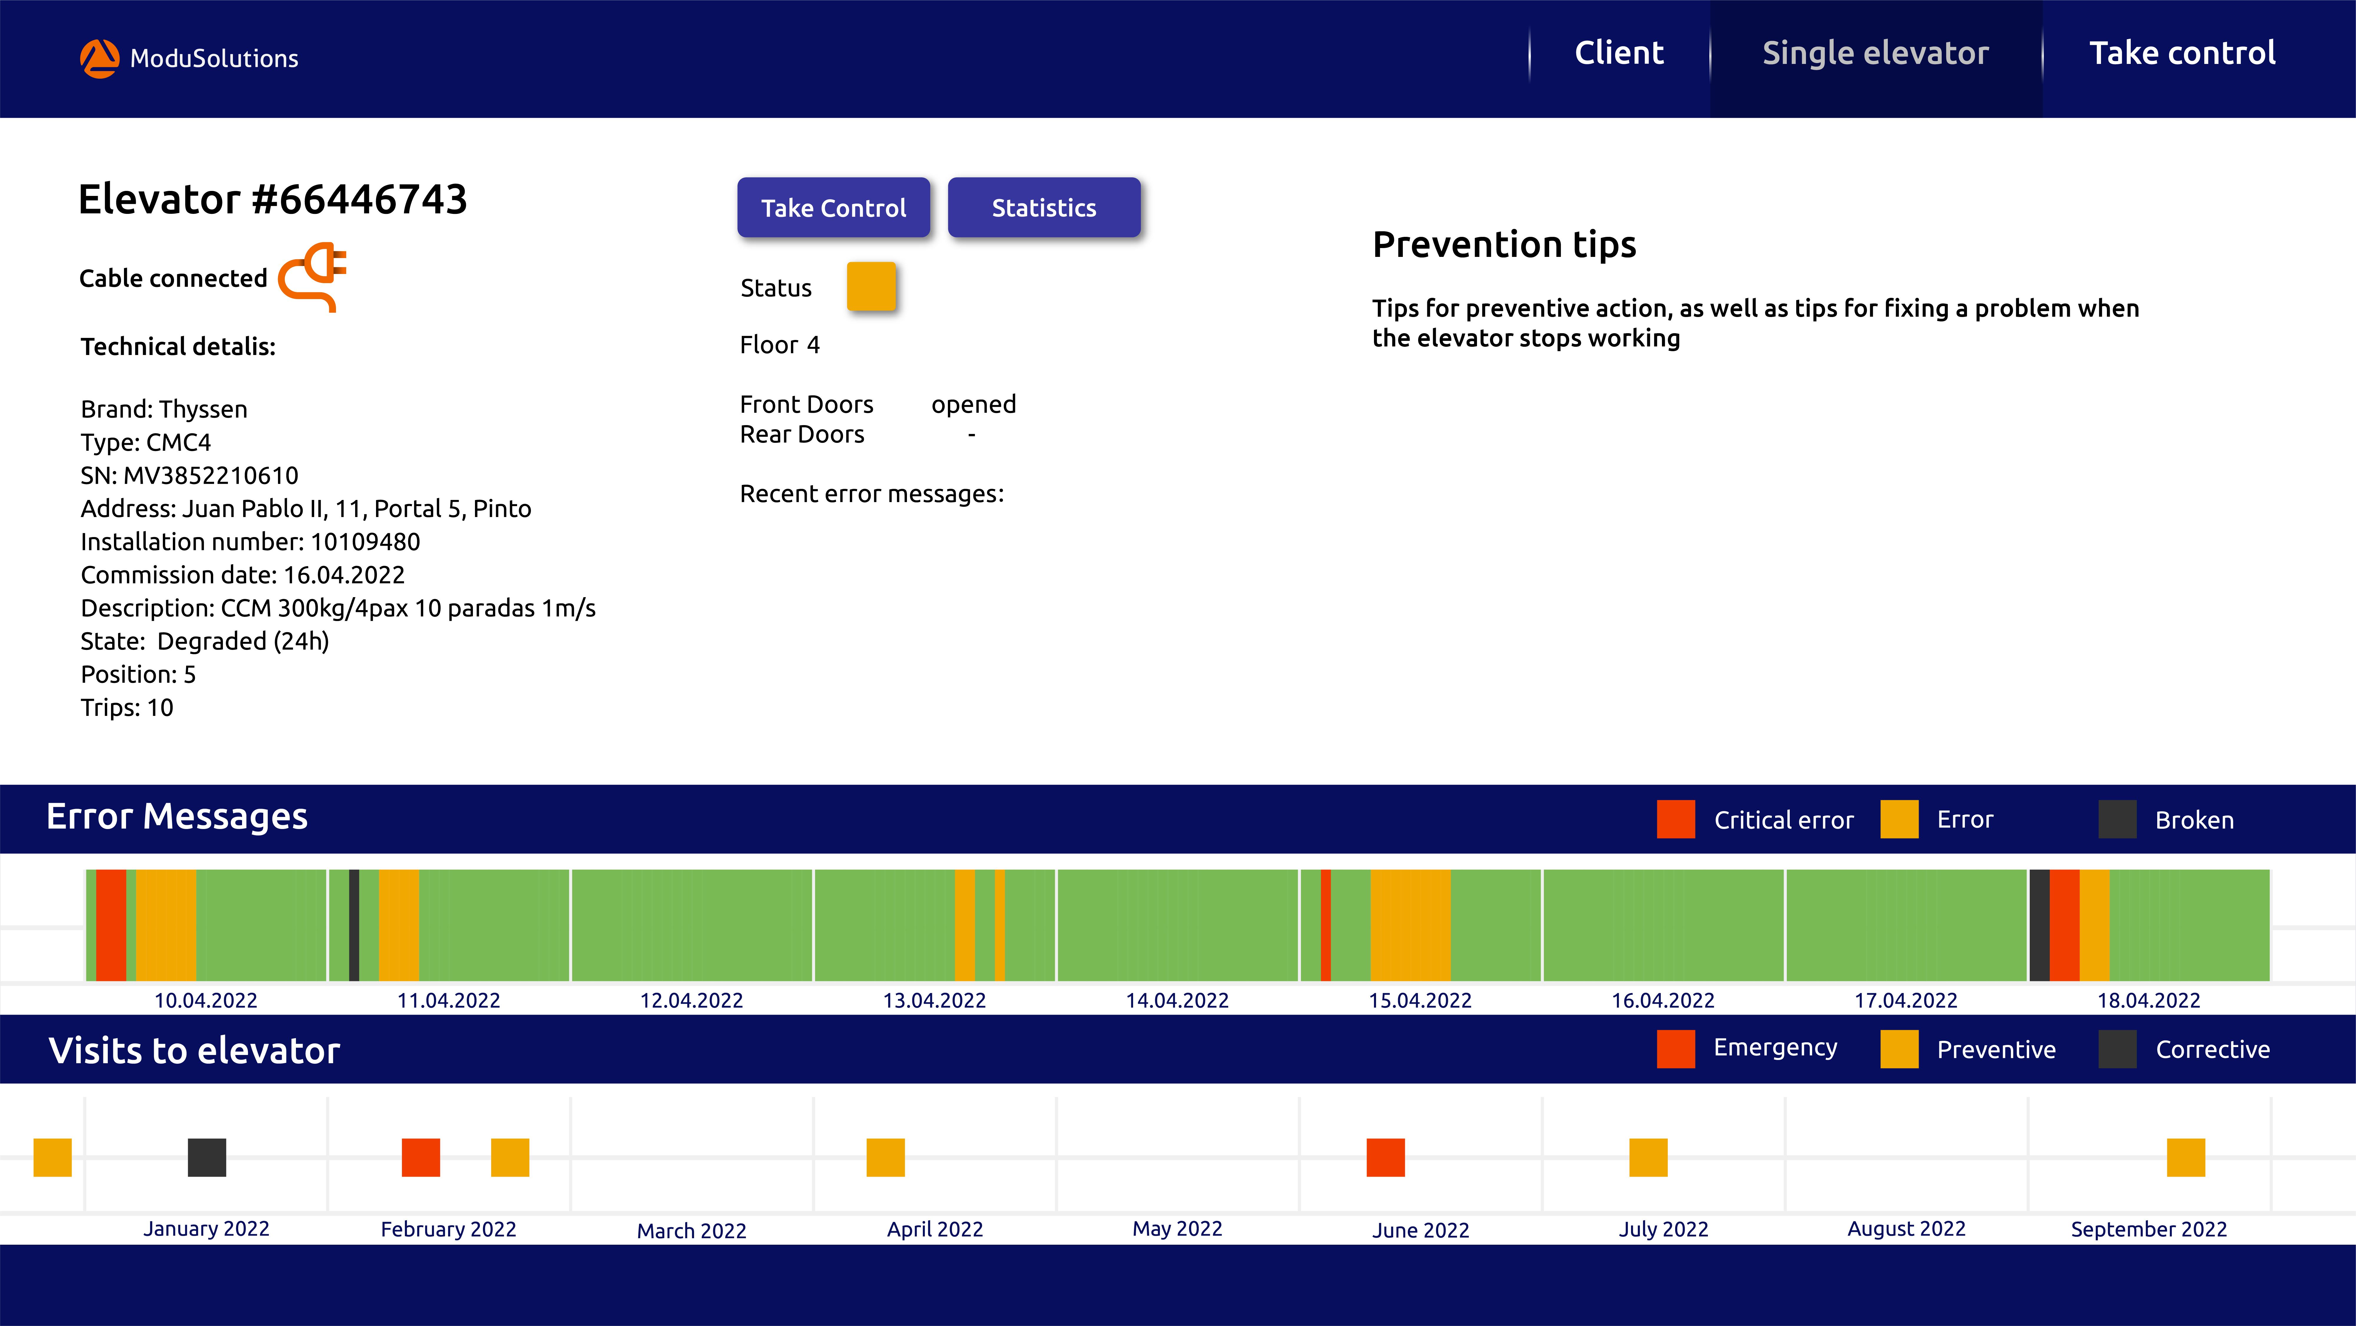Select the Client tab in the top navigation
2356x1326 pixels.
[x=1619, y=53]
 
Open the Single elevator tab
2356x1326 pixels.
[x=1875, y=53]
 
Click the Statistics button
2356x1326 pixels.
[x=1044, y=208]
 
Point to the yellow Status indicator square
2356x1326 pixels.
[x=871, y=286]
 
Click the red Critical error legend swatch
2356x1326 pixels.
[x=1675, y=819]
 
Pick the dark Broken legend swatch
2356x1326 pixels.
[x=2117, y=819]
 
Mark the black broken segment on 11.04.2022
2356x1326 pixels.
[x=354, y=924]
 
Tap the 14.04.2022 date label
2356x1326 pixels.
[x=1177, y=1000]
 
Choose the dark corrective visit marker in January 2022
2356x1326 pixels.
[x=207, y=1157]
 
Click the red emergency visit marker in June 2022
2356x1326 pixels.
[x=1386, y=1157]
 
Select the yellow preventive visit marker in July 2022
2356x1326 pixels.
[x=1648, y=1157]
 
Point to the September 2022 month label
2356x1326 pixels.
[x=2148, y=1229]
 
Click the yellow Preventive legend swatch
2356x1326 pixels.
[x=1899, y=1049]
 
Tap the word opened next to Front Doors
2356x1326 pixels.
[x=973, y=404]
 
